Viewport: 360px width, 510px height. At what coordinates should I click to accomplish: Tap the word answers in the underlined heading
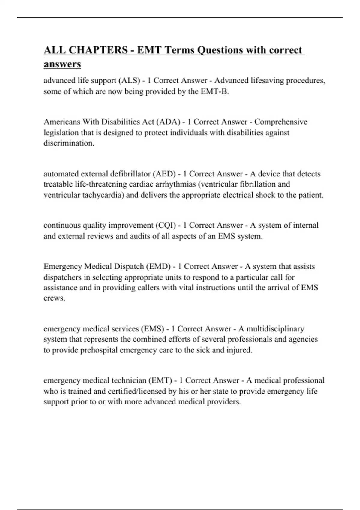click(62, 64)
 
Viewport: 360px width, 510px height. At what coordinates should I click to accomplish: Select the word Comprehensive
click(281, 122)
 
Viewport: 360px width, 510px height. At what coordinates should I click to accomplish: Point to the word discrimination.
click(69, 143)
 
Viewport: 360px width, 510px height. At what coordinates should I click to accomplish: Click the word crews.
click(54, 298)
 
